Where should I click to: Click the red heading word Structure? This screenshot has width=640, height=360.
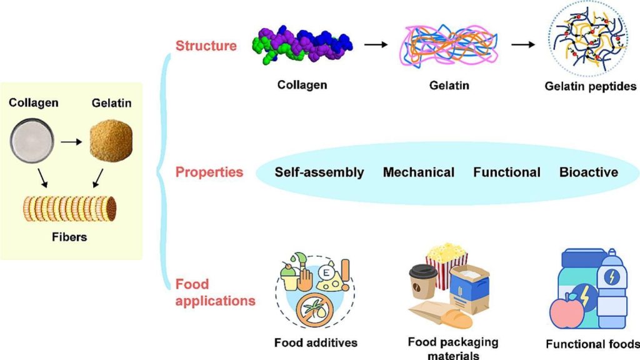(x=206, y=46)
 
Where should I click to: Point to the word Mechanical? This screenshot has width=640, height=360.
(x=419, y=172)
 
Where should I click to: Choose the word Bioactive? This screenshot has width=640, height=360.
(x=589, y=172)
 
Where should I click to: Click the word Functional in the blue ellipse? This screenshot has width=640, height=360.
(x=507, y=172)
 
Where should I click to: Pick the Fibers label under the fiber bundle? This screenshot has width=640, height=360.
(x=71, y=238)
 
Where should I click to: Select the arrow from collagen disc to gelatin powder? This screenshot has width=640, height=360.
(x=71, y=142)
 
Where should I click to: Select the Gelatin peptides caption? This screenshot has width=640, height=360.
(x=591, y=86)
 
